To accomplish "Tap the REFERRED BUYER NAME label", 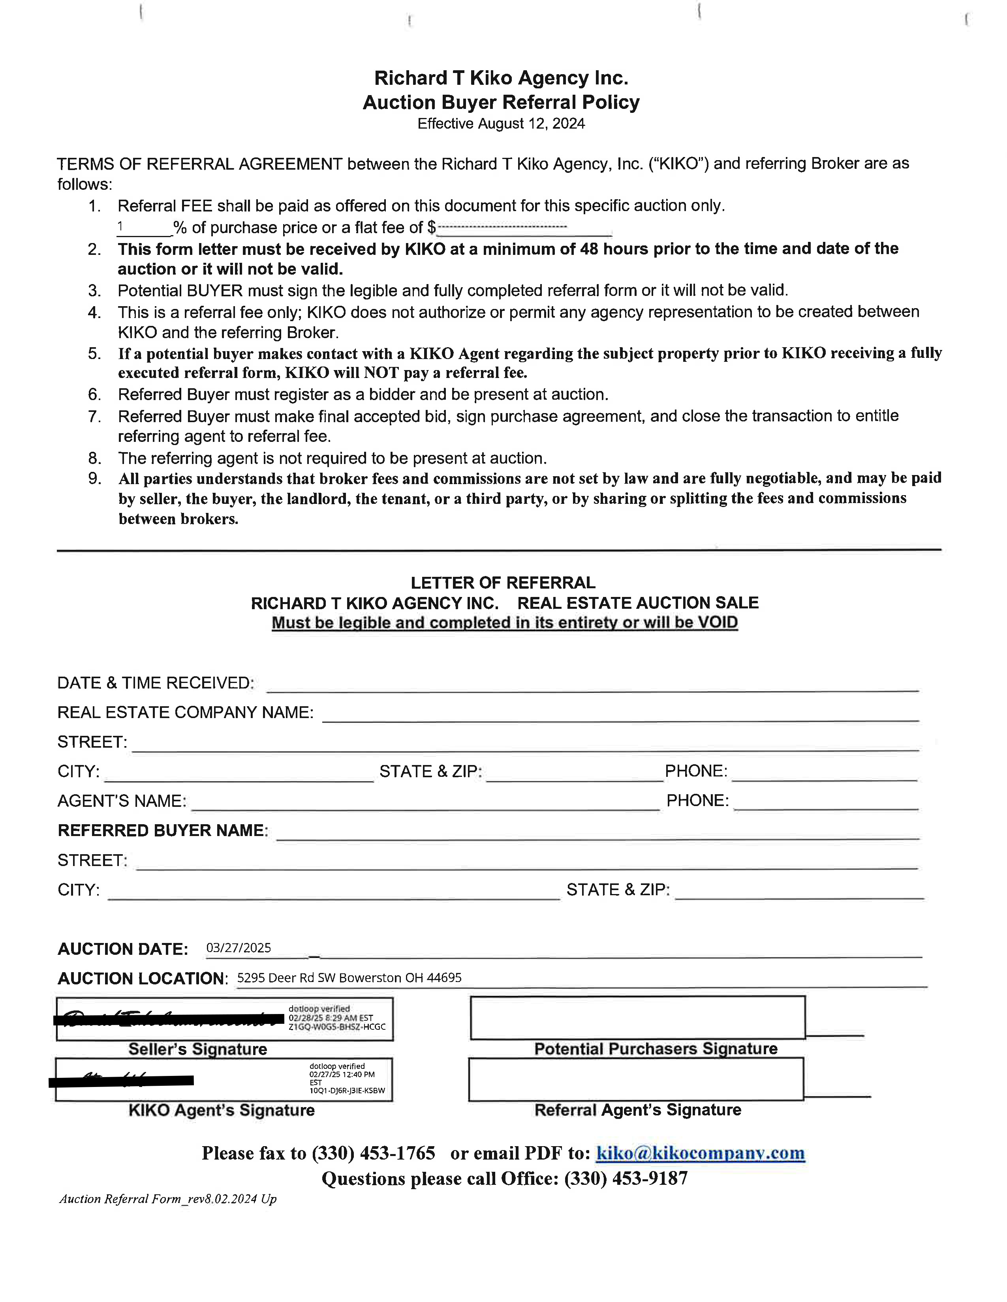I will pyautogui.click(x=162, y=831).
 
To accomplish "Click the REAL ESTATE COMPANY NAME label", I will pyautogui.click(x=185, y=713).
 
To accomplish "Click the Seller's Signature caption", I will pyautogui.click(x=197, y=1049).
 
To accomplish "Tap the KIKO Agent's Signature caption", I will pyautogui.click(x=221, y=1110).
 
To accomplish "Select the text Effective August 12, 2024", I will pyautogui.click(x=501, y=123).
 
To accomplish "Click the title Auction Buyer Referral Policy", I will pyautogui.click(x=501, y=103).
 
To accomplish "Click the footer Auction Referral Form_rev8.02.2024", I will pyautogui.click(x=167, y=1199).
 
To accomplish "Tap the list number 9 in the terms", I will pyautogui.click(x=95, y=478).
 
